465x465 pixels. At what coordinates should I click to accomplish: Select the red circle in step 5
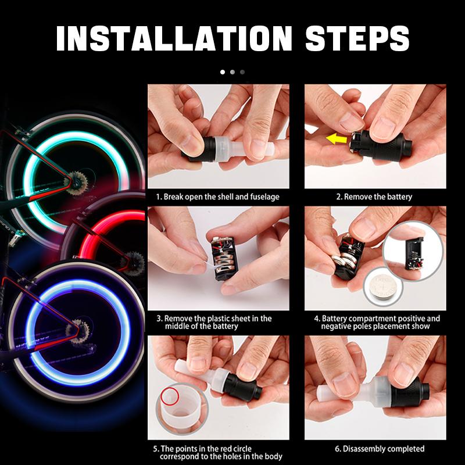pos(170,397)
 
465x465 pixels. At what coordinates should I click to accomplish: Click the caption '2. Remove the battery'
pos(374,197)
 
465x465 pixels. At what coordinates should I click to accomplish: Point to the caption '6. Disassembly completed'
pos(380,449)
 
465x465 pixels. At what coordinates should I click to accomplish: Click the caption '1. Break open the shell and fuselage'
pos(217,197)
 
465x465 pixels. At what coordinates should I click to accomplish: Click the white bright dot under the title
pos(222,73)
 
